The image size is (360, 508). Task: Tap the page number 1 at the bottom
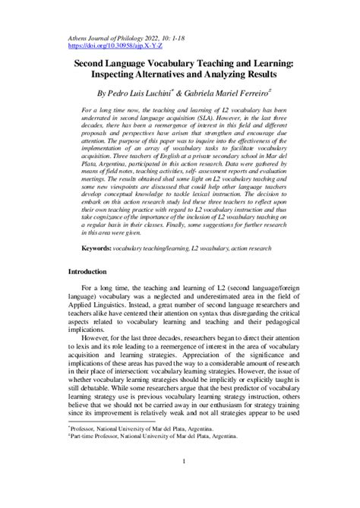point(180,482)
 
